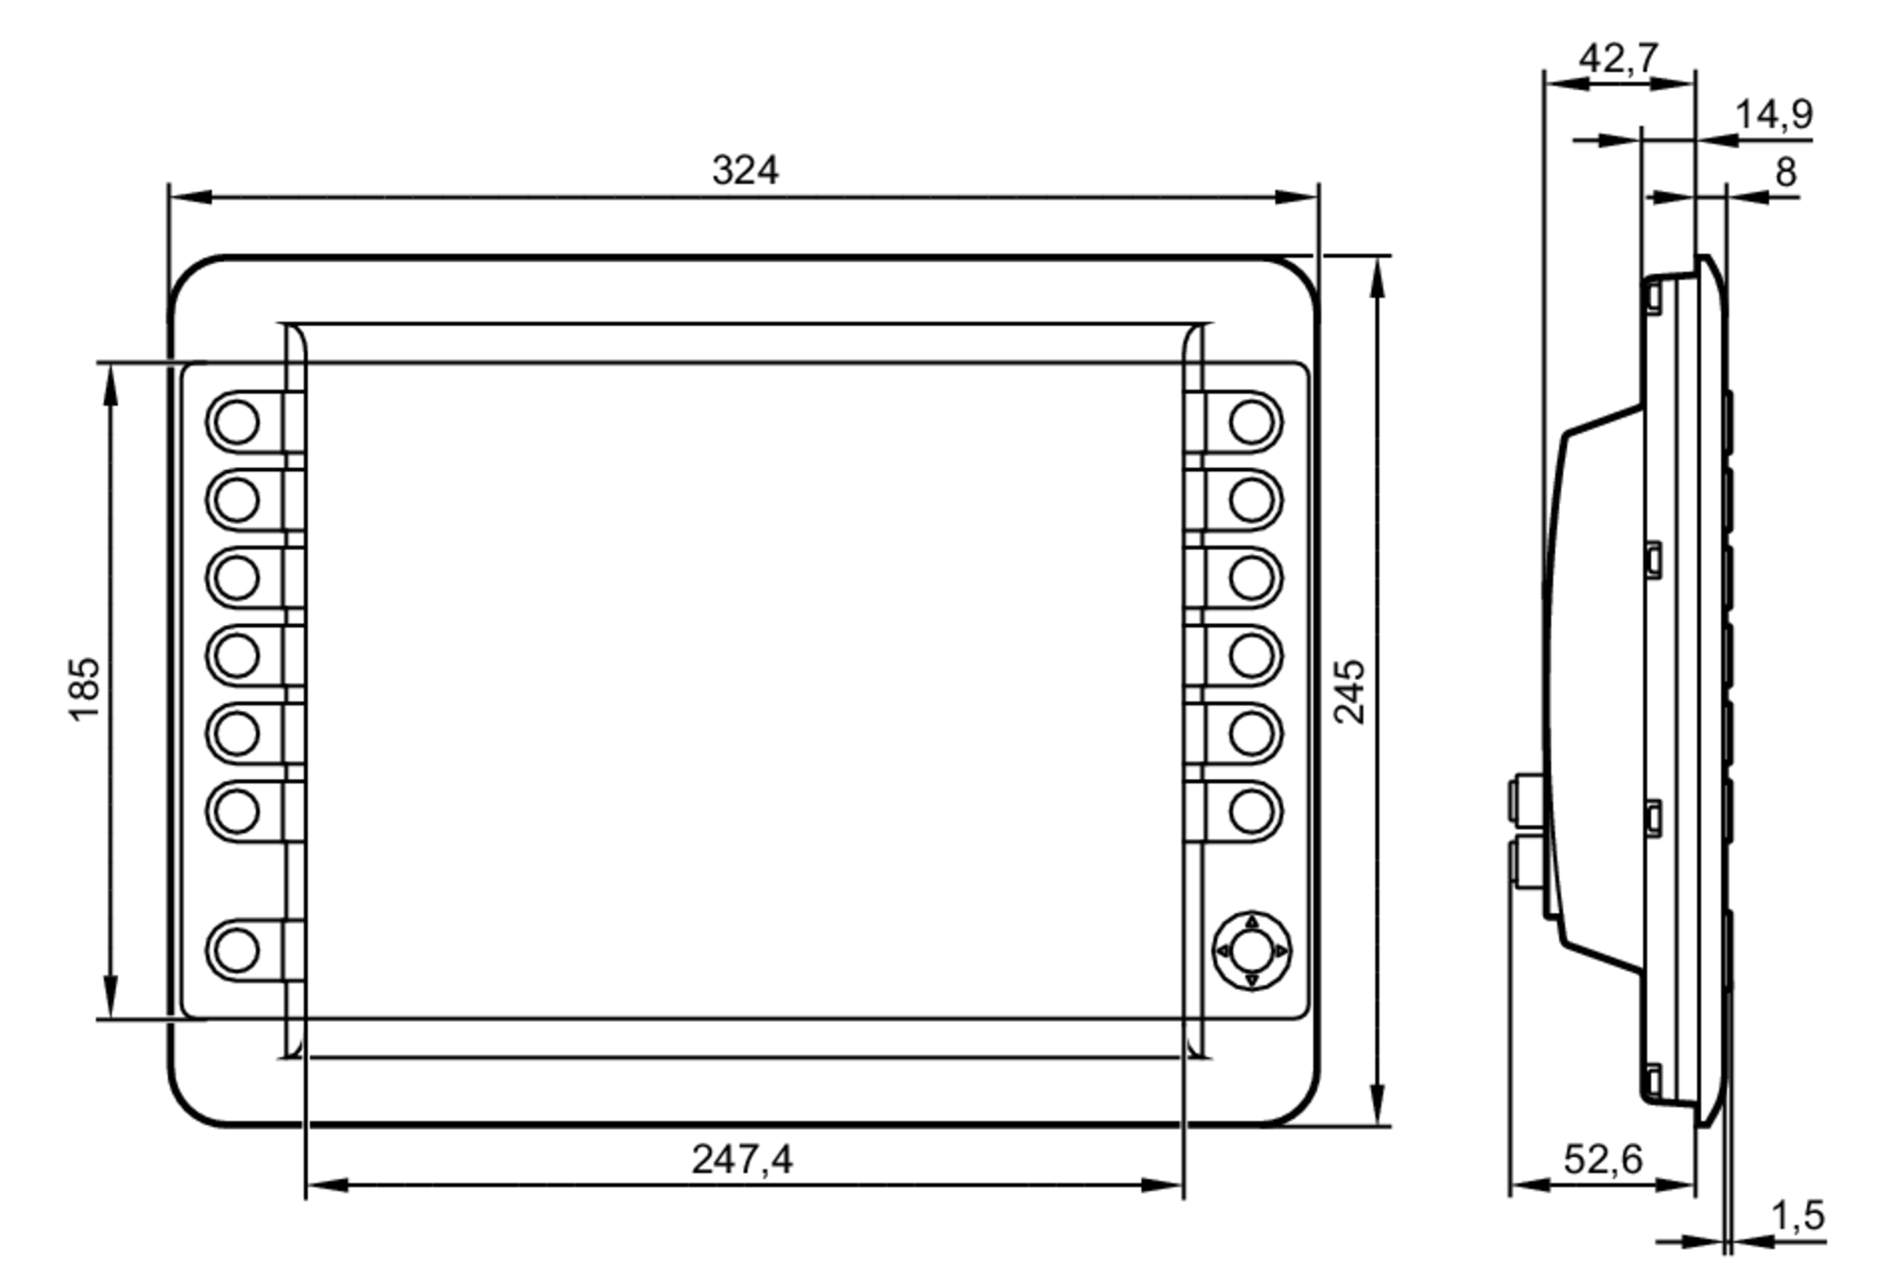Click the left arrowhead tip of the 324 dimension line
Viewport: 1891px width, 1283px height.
point(171,198)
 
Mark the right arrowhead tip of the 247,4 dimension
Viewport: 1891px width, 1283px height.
point(1183,1185)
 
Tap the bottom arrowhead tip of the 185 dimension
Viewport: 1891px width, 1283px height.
point(111,1018)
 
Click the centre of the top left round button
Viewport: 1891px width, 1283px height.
point(236,422)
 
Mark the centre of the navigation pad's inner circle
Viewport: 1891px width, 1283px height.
point(1252,950)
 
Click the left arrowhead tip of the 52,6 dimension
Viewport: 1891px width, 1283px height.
point(1511,1185)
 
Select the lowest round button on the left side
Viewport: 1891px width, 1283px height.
point(236,950)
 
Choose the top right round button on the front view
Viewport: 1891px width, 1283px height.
point(1252,422)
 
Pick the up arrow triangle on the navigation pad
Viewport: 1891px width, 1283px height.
point(1252,921)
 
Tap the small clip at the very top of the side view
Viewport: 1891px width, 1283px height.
point(1653,297)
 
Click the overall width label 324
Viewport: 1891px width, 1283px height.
point(745,170)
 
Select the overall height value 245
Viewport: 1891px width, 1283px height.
point(1350,692)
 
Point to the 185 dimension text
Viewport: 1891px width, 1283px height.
point(84,688)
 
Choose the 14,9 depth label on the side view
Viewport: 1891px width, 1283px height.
point(1774,114)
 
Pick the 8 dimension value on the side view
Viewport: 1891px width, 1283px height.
point(1785,172)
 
